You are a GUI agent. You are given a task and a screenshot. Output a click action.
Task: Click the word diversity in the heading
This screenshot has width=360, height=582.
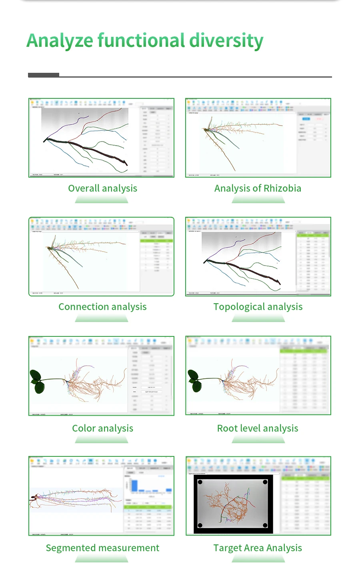[x=226, y=41]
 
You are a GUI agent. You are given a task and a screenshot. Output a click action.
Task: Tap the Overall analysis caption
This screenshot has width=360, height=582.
[x=102, y=188]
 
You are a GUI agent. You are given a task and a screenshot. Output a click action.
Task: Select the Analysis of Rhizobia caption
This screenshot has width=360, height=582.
[x=258, y=188]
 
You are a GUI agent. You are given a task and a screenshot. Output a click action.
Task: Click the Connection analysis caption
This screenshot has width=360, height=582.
[x=102, y=307]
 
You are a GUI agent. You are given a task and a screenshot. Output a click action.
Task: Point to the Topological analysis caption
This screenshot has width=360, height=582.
[x=258, y=307]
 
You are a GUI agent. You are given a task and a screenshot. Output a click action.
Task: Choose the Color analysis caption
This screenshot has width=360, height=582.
[x=102, y=428]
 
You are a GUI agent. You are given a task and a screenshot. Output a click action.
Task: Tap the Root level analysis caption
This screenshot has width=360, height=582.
[x=258, y=428]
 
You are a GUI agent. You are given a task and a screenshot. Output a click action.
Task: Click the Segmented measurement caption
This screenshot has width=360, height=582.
[x=102, y=548]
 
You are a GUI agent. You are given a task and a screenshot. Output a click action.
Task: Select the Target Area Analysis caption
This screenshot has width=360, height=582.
[x=258, y=548]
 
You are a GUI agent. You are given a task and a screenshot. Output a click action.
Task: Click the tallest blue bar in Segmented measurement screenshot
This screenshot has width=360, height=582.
[x=135, y=485]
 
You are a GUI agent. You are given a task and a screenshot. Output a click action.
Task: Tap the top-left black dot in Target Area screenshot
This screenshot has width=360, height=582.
[x=200, y=482]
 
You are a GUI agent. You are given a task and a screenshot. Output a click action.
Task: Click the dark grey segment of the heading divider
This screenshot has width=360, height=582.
[x=44, y=75]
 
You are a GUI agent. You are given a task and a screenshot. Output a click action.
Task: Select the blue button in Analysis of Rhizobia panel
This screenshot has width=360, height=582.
[x=306, y=119]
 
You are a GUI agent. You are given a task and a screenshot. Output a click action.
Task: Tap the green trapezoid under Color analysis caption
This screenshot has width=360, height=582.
[x=102, y=440]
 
